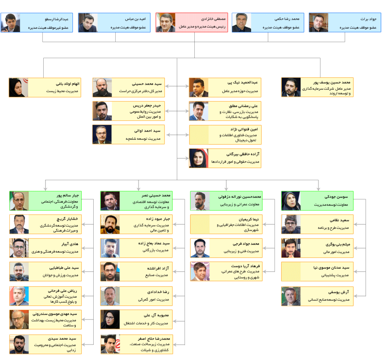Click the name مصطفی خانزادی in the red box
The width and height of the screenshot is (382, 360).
pos(213,19)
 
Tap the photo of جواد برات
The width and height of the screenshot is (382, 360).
pos(319,23)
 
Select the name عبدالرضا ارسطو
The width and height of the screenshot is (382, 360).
pos(57,19)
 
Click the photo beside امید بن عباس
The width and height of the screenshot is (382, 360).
pos(88,23)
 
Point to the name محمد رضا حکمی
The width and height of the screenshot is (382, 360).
pos(287,19)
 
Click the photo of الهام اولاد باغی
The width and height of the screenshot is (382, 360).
pos(19,87)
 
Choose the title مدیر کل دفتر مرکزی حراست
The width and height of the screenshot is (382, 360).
pos(141,91)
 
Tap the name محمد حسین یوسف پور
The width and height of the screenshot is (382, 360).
pos(332,82)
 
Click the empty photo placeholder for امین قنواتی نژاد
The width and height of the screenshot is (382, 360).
pos(199,135)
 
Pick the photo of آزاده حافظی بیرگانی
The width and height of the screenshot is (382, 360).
pos(199,158)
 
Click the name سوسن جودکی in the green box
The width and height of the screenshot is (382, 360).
pos(336,197)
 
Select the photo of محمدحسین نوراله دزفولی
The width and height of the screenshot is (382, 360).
pos(200,201)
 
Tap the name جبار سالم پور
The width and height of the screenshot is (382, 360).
pos(68,195)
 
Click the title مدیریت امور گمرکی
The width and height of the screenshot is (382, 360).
pos(153,300)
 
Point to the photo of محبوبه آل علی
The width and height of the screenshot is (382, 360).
pos(110,319)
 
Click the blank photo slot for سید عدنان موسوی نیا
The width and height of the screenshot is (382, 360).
pos(291,272)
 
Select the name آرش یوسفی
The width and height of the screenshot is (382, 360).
pos(338,292)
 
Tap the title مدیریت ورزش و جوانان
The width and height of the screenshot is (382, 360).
pos(60,275)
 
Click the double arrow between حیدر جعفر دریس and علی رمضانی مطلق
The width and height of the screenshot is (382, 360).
pos(177,111)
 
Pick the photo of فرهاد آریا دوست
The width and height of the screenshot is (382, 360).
pos(200,271)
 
